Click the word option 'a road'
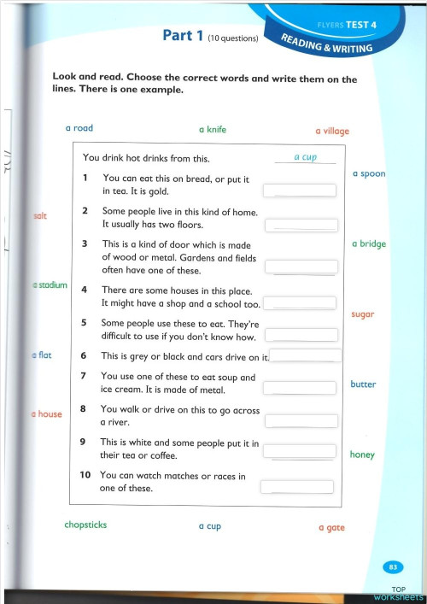click(x=79, y=128)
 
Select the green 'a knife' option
click(x=212, y=130)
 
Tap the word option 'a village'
click(x=332, y=132)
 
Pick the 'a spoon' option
click(x=369, y=173)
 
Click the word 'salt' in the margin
click(x=40, y=216)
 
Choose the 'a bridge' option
click(x=369, y=243)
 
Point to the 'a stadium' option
click(x=50, y=284)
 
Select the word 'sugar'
click(x=363, y=314)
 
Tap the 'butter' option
click(x=363, y=384)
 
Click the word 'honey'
click(x=362, y=454)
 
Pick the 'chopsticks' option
click(x=85, y=525)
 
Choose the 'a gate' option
click(x=331, y=528)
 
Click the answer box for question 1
click(x=300, y=191)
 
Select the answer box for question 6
click(x=306, y=355)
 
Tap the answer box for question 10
click(x=296, y=487)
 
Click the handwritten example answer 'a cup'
click(x=305, y=157)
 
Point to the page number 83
click(x=393, y=566)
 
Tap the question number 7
click(x=82, y=376)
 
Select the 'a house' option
click(x=47, y=414)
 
